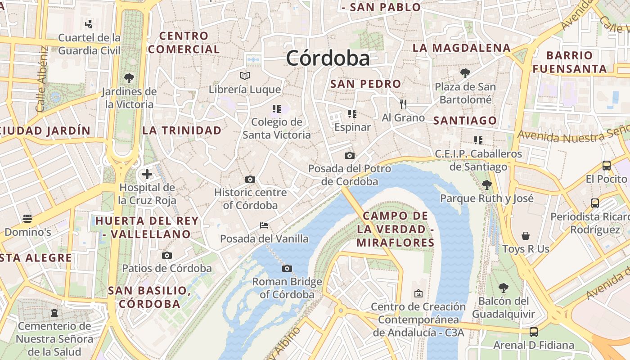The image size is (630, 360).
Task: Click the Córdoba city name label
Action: tap(328, 58)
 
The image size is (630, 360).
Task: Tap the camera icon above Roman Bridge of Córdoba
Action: tap(287, 269)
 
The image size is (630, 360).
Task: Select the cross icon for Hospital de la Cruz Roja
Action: tap(147, 174)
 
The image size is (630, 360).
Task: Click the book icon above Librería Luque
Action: tap(244, 76)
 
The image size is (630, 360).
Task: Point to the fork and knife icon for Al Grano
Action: tap(403, 104)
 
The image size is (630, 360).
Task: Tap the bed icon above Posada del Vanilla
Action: tap(264, 225)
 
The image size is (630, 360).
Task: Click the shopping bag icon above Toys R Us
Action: tap(525, 236)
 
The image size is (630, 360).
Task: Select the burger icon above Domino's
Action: tap(27, 219)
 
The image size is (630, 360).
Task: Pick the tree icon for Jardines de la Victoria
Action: tap(129, 78)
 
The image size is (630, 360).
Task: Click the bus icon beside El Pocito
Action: tap(606, 166)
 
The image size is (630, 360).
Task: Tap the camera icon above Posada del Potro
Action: tap(349, 156)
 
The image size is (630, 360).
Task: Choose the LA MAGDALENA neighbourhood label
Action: tap(462, 48)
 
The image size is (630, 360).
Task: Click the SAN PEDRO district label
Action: tap(365, 84)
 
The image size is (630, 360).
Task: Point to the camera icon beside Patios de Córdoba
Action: tap(167, 256)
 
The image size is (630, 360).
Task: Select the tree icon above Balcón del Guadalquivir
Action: tap(503, 288)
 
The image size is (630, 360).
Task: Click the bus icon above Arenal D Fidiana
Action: tap(533, 332)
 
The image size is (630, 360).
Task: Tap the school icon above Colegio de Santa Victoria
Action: tap(276, 109)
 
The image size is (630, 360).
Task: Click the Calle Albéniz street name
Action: tap(41, 79)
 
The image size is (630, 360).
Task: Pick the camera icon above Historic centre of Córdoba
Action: tap(250, 180)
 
